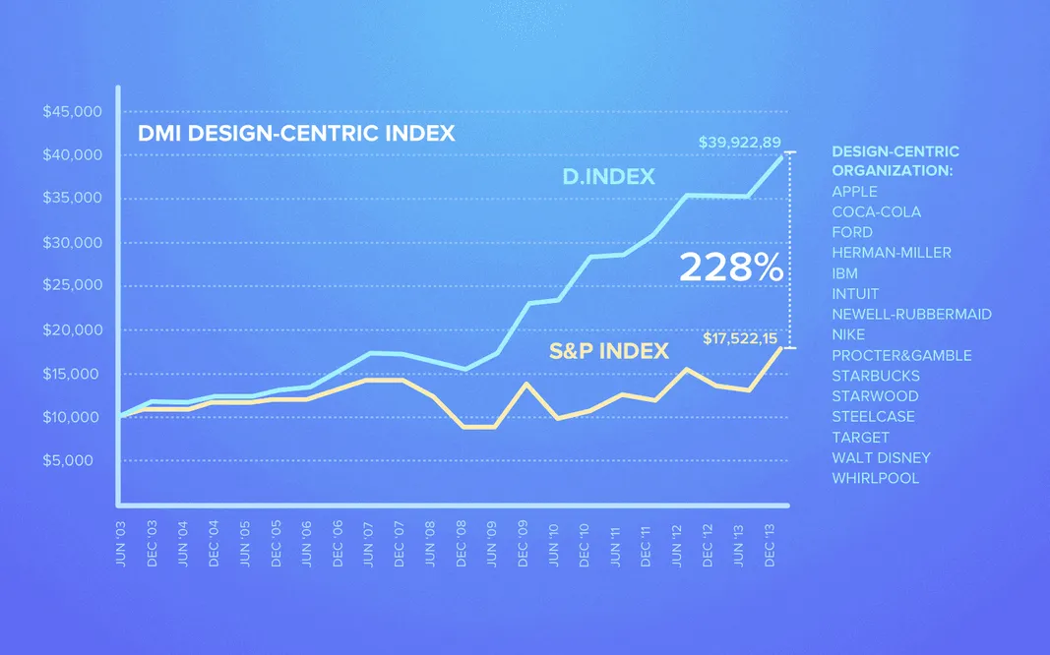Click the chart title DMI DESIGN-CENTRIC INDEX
296,134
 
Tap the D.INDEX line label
607,176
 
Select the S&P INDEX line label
609,350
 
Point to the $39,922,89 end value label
739,143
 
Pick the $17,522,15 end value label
741,338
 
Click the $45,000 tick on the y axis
72,112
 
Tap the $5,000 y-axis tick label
75,460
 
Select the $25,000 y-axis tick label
72,286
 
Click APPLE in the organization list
854,192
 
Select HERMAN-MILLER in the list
891,253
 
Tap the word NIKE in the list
848,334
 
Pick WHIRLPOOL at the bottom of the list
875,478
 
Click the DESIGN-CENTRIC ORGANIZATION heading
895,161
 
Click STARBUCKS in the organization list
876,376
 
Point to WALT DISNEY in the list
881,457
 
